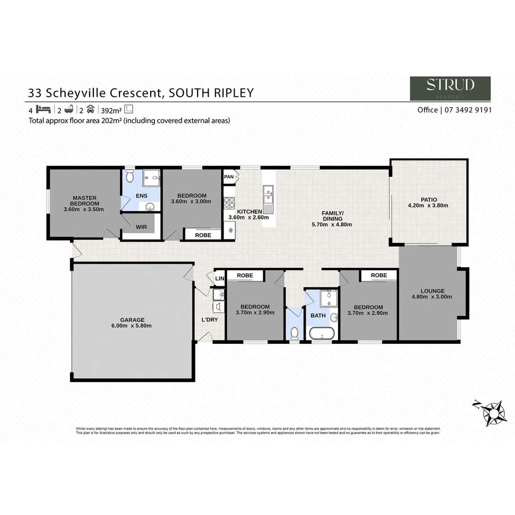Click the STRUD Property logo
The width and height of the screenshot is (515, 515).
450,88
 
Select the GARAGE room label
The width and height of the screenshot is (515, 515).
133,320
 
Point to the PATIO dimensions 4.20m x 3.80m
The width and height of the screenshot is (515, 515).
428,206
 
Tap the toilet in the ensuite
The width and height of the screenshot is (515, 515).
129,176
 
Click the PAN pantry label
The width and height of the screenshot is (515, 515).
229,177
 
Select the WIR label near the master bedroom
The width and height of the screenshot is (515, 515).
141,227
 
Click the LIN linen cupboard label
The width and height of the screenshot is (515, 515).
219,278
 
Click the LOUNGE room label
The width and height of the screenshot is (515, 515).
433,291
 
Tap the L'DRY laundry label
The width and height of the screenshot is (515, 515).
210,319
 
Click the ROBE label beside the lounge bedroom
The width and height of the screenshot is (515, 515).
379,276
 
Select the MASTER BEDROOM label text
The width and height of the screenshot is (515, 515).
84,201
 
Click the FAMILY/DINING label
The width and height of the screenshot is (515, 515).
332,216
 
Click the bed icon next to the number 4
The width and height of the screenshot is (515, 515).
43,109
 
